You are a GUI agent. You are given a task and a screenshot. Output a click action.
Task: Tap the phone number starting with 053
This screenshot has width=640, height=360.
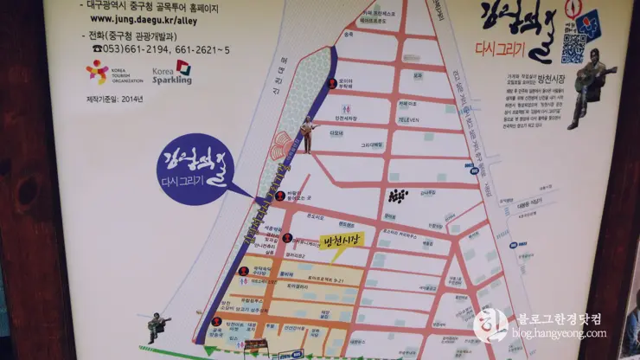[153, 48]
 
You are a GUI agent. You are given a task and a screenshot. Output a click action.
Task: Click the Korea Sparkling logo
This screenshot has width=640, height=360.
[172, 72]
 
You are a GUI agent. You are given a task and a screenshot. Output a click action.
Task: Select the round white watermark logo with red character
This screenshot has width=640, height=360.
[490, 325]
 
